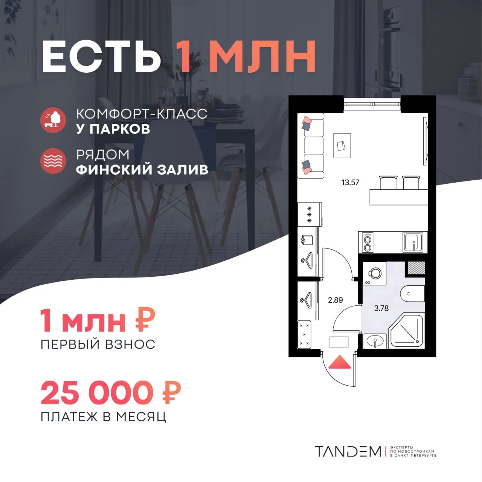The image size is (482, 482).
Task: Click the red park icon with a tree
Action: point(53,120)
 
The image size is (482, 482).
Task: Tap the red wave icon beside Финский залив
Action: point(53,161)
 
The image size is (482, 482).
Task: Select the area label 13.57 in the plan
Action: point(350,183)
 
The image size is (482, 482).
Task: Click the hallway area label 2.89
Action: point(336,300)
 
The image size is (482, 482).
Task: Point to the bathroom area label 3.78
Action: point(381,308)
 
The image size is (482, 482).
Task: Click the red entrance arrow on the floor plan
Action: point(340,362)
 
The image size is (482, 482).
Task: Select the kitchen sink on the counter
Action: point(413,243)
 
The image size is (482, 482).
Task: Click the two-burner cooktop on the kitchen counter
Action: point(368,243)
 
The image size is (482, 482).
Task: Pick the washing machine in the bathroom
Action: point(375,274)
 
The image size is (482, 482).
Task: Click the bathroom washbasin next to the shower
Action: point(375,341)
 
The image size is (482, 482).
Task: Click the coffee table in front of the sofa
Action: point(342,146)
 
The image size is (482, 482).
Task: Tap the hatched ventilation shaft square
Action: point(416,268)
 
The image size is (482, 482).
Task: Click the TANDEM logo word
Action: point(348,451)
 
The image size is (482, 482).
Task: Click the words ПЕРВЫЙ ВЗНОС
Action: point(98,345)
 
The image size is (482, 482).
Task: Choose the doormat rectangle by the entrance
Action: point(339,342)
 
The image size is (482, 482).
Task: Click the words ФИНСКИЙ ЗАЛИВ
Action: point(142,170)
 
